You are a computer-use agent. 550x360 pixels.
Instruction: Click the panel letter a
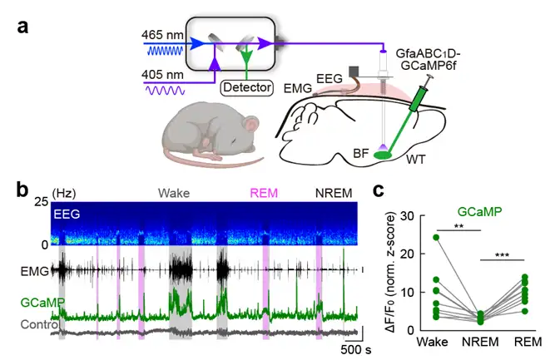tap(22, 26)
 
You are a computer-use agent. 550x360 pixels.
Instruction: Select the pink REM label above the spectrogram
tap(263, 193)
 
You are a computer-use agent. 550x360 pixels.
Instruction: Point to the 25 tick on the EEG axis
tap(39, 204)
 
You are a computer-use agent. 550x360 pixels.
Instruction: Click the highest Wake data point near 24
tap(437, 237)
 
